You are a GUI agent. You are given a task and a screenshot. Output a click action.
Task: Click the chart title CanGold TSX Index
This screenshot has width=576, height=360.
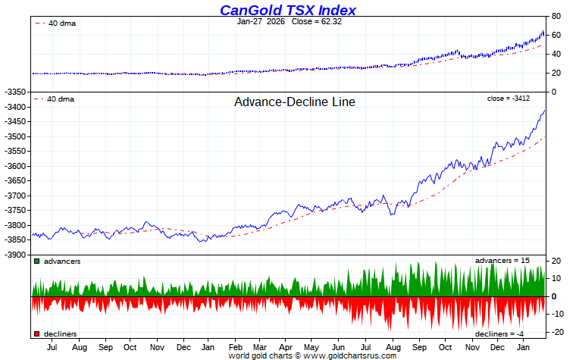(x=288, y=10)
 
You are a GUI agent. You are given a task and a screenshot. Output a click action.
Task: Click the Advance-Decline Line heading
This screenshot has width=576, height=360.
(x=295, y=102)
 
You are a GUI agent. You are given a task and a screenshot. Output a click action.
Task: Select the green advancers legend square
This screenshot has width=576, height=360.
(x=36, y=261)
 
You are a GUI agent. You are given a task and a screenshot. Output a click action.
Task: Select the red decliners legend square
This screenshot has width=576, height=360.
(x=36, y=333)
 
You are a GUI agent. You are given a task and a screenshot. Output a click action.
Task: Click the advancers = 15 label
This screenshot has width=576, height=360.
(x=502, y=261)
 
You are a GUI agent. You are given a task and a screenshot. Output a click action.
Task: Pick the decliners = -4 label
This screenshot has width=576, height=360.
(x=499, y=333)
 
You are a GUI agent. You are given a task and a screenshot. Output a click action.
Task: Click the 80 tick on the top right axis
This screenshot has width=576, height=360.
(x=556, y=17)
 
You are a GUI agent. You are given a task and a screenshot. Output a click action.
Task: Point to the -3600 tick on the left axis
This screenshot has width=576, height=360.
(x=16, y=166)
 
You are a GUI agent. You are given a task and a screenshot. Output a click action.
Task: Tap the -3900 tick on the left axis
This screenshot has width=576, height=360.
(x=16, y=255)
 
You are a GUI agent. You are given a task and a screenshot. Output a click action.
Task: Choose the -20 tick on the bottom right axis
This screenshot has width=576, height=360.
(x=555, y=332)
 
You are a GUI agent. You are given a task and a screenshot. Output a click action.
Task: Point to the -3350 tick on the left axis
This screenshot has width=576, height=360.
(x=16, y=92)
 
